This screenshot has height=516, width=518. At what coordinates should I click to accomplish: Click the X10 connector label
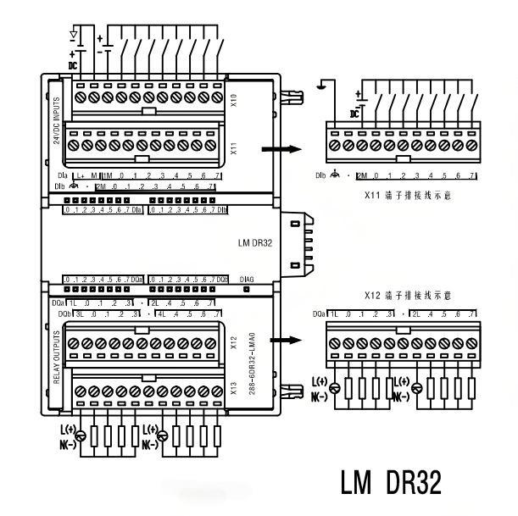[233, 100]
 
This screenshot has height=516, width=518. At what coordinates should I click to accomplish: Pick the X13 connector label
[233, 389]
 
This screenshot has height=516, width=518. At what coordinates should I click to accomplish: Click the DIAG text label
[247, 279]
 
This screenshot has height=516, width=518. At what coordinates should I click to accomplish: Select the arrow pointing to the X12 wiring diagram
[281, 341]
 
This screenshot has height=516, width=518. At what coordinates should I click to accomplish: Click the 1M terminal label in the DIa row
[107, 175]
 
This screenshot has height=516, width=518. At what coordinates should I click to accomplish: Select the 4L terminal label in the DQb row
[159, 313]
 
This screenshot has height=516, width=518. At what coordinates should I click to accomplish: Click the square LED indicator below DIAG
[246, 288]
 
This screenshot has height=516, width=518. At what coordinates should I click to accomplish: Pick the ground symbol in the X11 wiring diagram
[323, 85]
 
